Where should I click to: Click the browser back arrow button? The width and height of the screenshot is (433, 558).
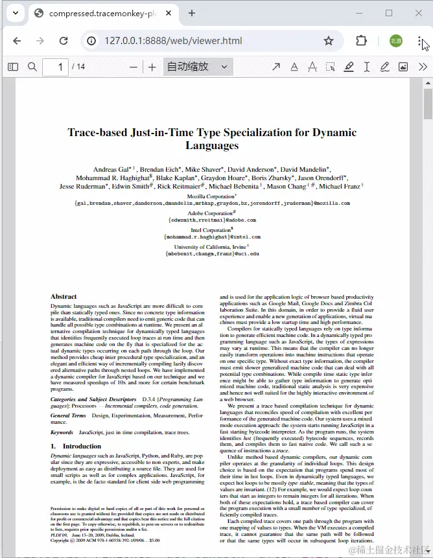[x=17, y=41]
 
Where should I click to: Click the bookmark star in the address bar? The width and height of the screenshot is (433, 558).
[x=329, y=41]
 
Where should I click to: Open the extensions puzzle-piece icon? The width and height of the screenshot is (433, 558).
[x=361, y=41]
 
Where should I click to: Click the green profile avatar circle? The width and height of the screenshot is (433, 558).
[x=395, y=41]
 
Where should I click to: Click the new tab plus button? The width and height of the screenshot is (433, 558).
[x=192, y=13]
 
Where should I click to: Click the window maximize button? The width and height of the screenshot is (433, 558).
[x=389, y=13]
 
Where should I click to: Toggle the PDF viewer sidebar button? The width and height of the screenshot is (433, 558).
[x=13, y=67]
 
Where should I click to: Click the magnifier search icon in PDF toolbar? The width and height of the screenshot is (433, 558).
[x=32, y=67]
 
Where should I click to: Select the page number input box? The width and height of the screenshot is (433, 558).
[x=56, y=67]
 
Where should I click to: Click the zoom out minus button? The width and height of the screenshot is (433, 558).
[x=134, y=67]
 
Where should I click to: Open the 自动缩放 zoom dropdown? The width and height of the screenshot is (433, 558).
[x=198, y=67]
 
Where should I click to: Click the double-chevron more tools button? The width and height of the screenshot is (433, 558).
[x=423, y=67]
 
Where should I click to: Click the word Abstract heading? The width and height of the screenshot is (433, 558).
[x=64, y=297]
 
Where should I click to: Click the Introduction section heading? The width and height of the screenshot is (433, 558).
[x=82, y=447]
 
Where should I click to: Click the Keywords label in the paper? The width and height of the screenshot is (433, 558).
[x=62, y=432]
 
